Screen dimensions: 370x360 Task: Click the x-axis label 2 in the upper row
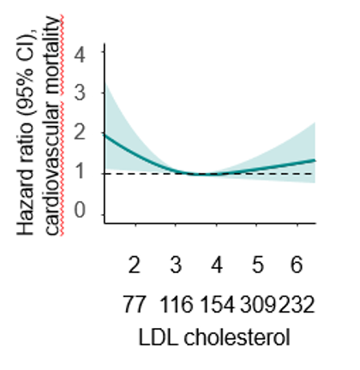[135, 266]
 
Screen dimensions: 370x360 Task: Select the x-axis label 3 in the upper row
[176, 266]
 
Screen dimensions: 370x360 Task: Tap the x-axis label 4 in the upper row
[217, 266]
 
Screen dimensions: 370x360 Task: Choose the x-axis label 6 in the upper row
[296, 266]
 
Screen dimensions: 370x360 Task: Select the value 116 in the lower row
[174, 304]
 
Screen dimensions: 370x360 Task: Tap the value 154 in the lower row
[217, 304]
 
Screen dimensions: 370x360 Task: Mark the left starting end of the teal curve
[104, 134]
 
